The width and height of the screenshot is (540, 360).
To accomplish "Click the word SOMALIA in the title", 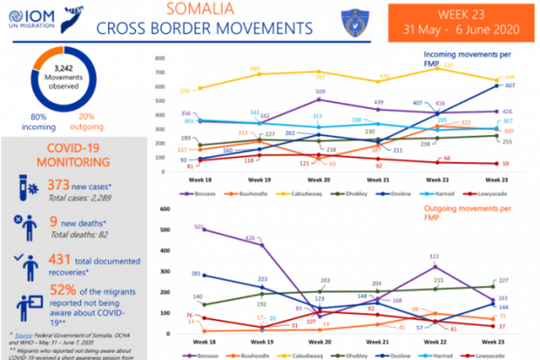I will click(204, 10).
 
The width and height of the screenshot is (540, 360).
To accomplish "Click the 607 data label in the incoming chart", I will click(510, 86).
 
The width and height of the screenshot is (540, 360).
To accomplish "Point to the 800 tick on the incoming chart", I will click(159, 59).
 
